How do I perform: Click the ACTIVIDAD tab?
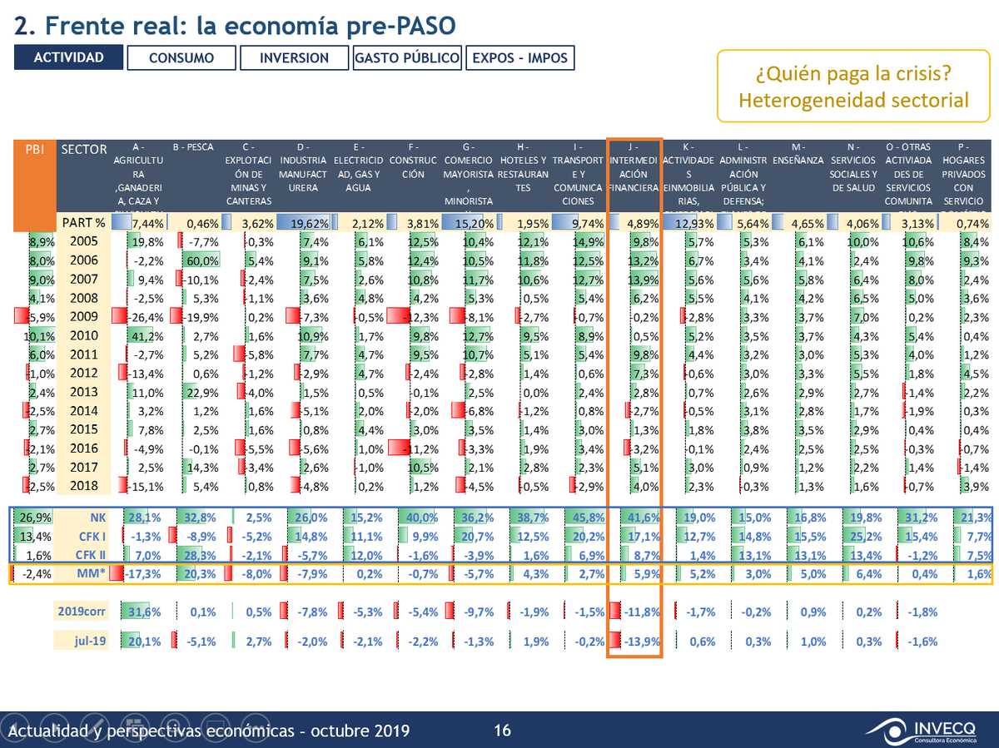(68, 57)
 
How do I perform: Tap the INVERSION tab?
(294, 57)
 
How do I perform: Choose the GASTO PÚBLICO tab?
(407, 57)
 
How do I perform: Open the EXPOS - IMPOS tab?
(520, 57)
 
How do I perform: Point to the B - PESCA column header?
(193, 148)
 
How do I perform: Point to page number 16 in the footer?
(502, 731)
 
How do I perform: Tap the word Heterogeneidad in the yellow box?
(792, 101)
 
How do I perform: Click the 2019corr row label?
(80, 612)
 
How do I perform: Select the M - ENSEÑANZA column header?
(798, 160)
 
